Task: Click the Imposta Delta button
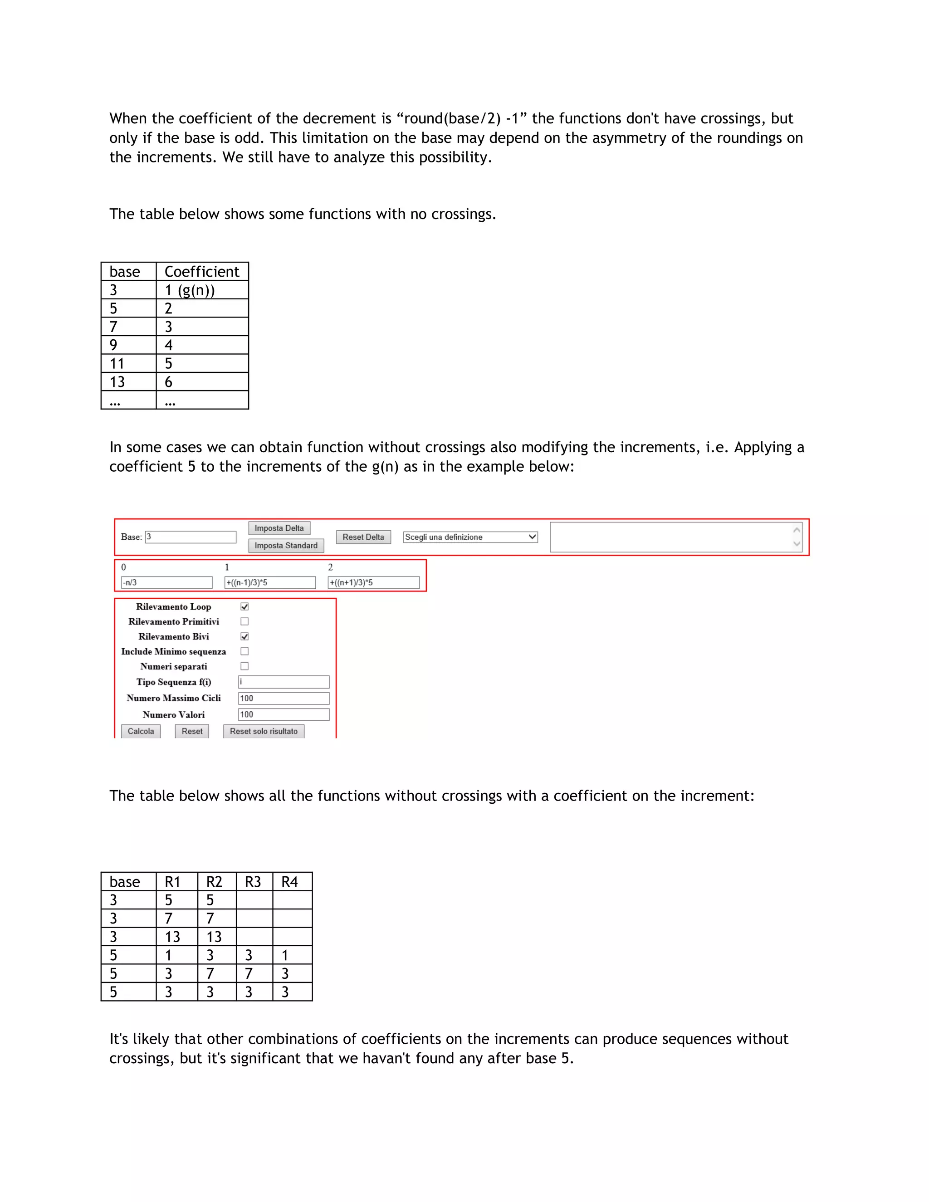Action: tap(279, 528)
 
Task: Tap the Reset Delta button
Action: tap(363, 537)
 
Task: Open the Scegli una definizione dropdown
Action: tap(470, 537)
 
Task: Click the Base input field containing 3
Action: tap(191, 537)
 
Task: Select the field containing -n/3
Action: tap(166, 582)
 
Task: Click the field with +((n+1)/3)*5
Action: tap(373, 582)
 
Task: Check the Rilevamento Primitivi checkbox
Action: tap(245, 621)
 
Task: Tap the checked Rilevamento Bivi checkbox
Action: tap(245, 636)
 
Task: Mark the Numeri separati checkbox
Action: tap(245, 666)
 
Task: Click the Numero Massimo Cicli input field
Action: tap(284, 699)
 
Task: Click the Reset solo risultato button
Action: tap(264, 732)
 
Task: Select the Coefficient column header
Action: tap(202, 272)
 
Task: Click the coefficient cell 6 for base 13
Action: tap(202, 382)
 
